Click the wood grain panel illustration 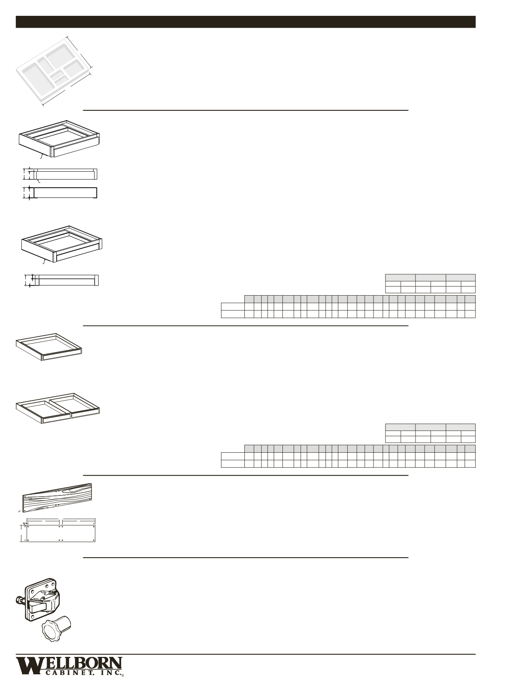[x=57, y=498]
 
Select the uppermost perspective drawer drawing [x=59, y=139]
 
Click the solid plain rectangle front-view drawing [x=65, y=193]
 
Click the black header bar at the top [x=246, y=22]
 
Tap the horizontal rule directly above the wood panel [x=246, y=475]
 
